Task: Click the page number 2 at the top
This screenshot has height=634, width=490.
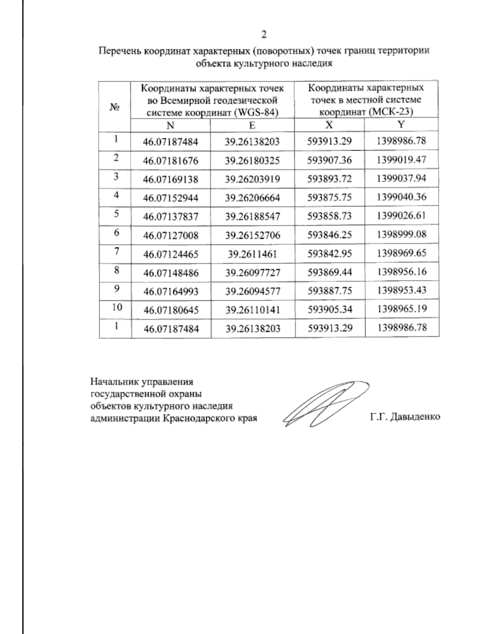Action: point(264,34)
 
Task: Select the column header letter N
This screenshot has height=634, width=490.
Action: point(171,125)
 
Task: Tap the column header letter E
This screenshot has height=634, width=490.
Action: point(252,125)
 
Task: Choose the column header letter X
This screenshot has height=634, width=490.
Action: point(329,125)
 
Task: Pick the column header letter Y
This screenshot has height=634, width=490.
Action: point(401,125)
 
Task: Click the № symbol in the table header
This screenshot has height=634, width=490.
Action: point(115,107)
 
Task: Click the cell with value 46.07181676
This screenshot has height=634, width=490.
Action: point(171,160)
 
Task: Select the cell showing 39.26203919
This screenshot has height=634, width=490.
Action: point(252,179)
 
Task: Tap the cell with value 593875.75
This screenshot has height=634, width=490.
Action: point(330,198)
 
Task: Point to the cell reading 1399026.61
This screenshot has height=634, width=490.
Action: point(402,216)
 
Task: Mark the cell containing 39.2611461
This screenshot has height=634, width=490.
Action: point(252,254)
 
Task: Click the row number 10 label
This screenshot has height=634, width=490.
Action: point(117,307)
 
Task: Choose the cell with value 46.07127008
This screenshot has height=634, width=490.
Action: point(171,235)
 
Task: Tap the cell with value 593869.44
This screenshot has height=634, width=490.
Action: point(330,272)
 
